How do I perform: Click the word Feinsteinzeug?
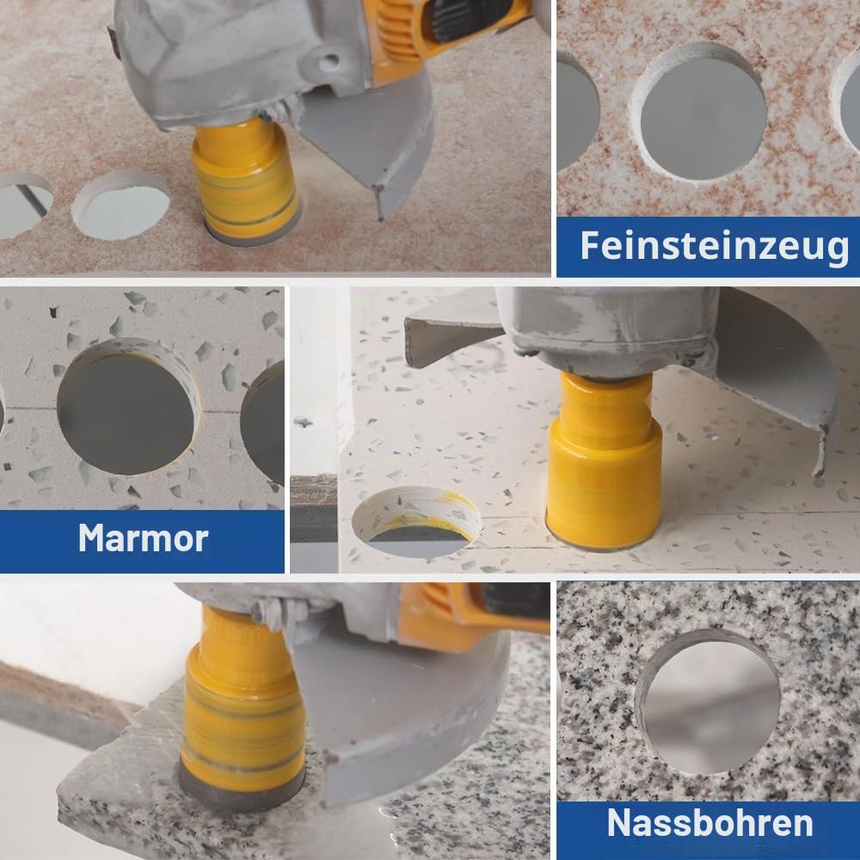coord(715,246)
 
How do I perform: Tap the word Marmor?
coord(143,538)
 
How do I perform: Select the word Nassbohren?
coord(710,823)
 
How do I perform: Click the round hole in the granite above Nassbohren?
coord(708,703)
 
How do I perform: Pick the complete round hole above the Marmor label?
coord(127,408)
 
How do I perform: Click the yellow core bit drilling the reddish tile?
coord(245,180)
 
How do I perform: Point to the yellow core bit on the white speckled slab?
coord(604,461)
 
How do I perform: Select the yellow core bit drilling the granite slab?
coord(242,708)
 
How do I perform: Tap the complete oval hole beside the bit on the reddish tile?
coord(121,206)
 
